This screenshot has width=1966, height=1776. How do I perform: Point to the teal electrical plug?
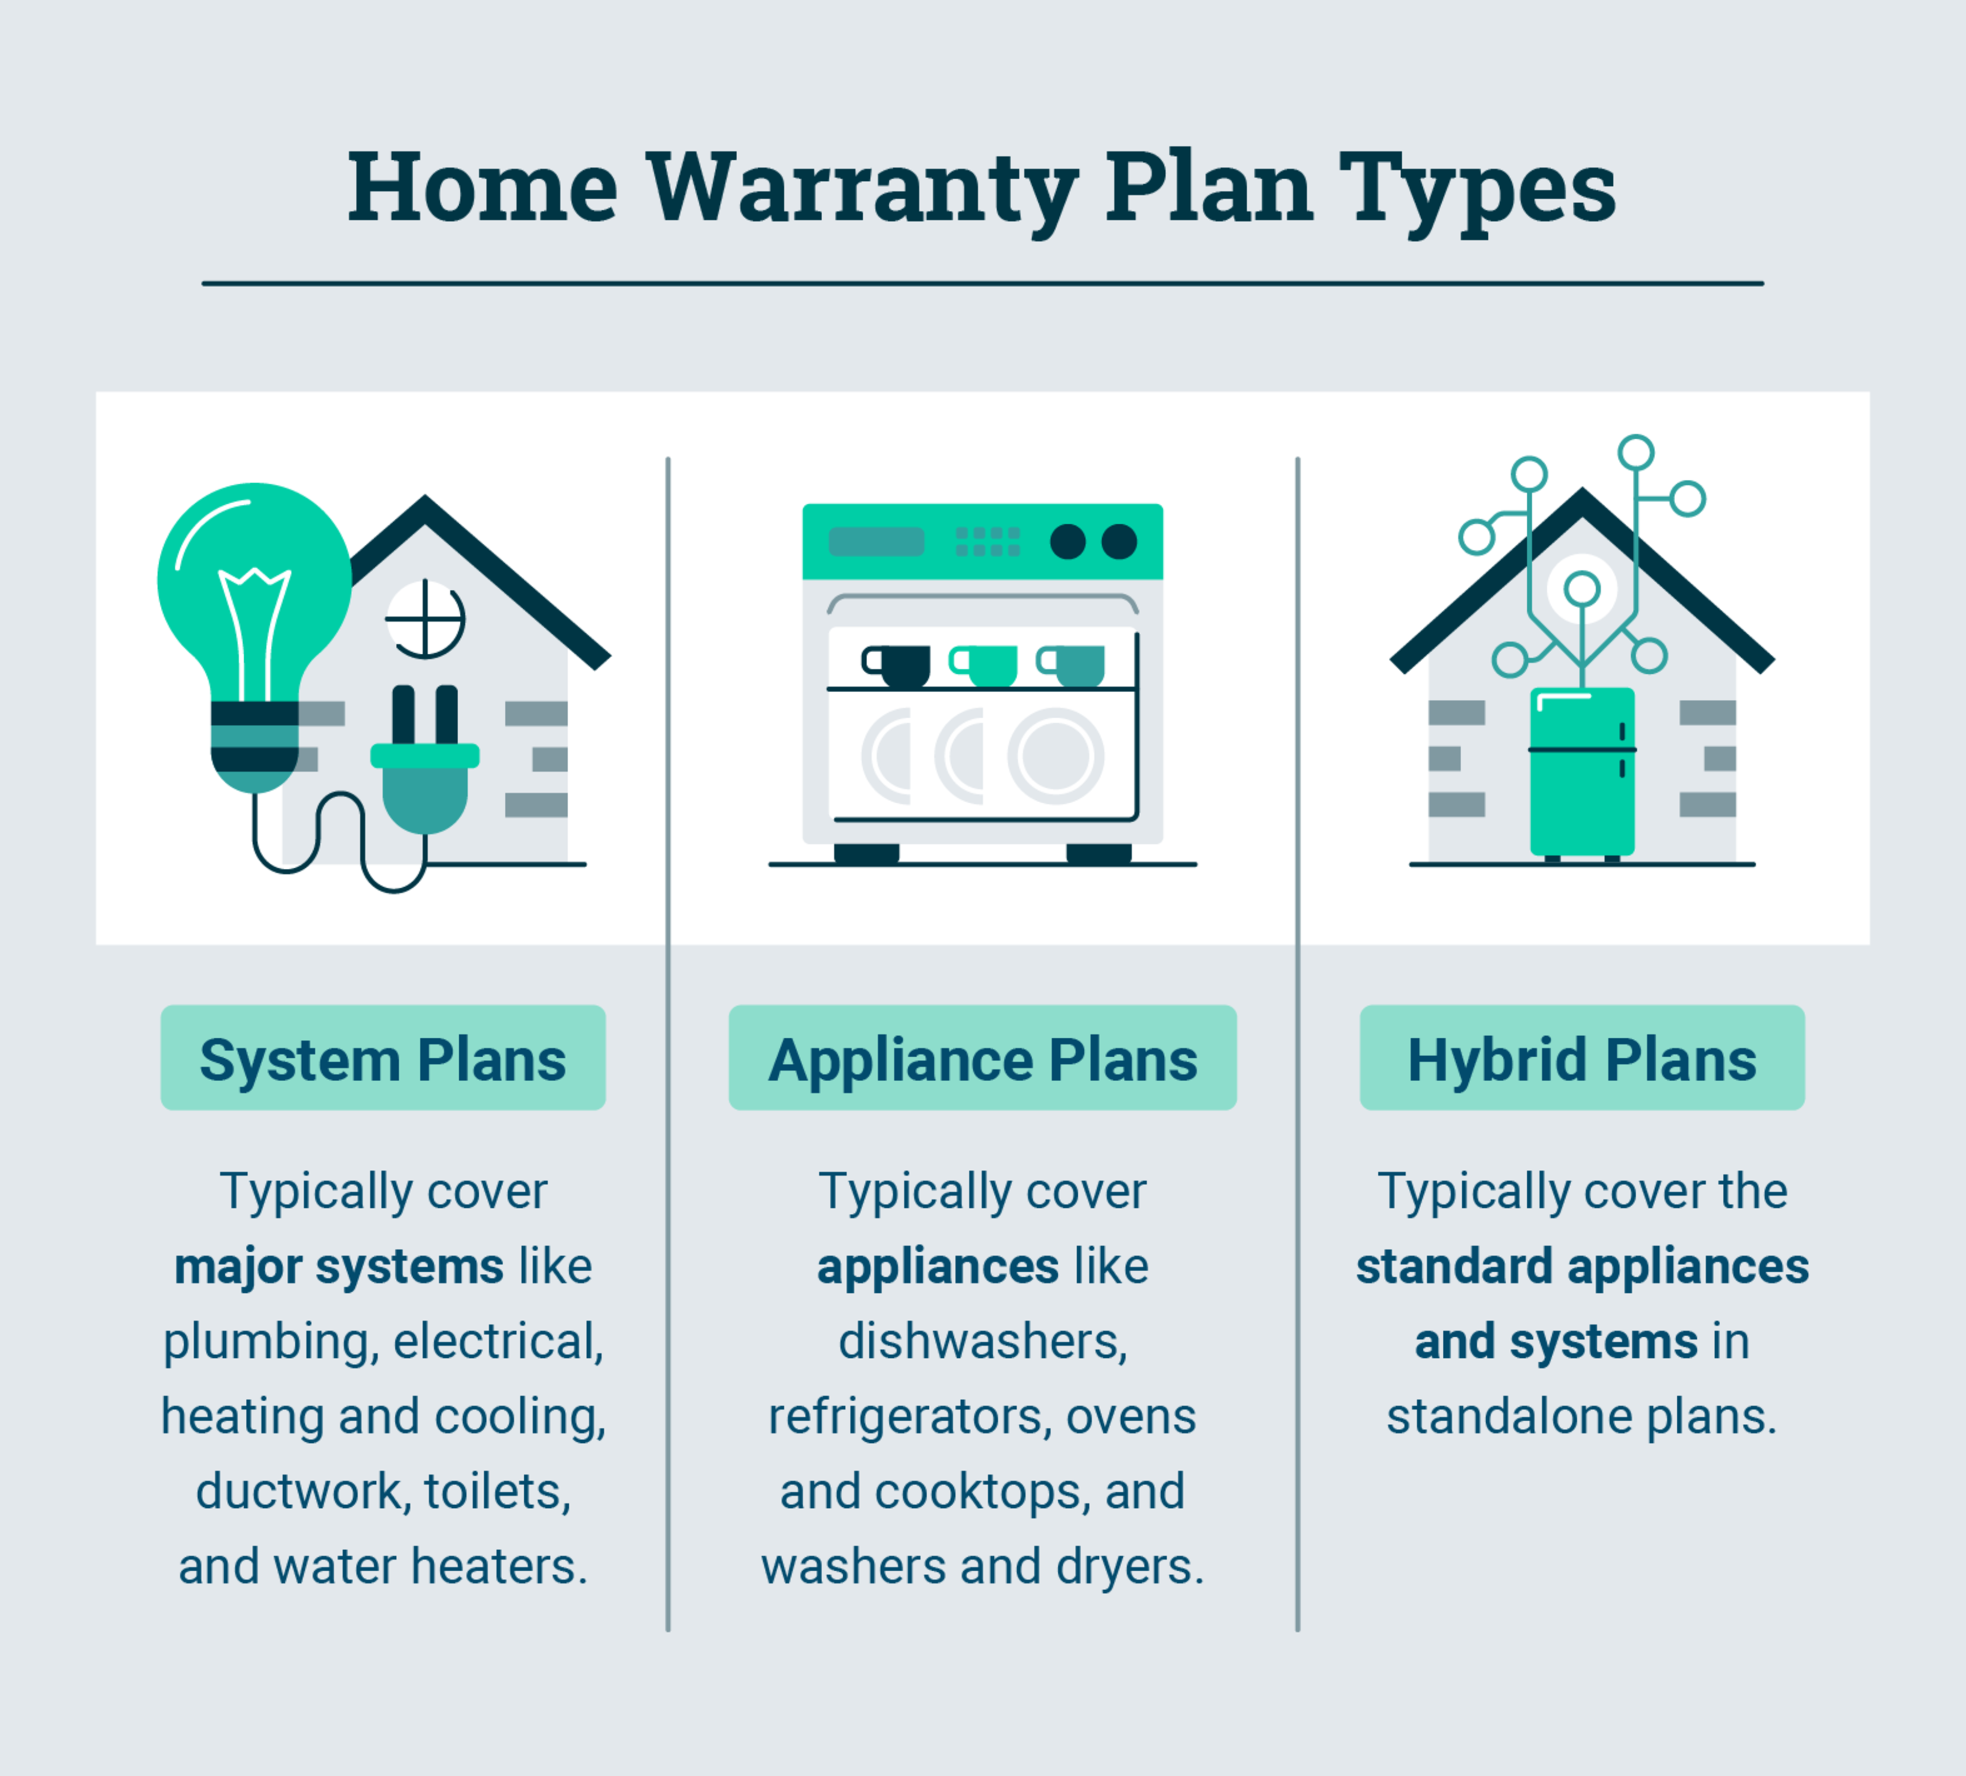(x=424, y=780)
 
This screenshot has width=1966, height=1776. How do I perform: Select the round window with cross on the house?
(x=425, y=619)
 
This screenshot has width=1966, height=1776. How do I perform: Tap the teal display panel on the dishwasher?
(x=875, y=541)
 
